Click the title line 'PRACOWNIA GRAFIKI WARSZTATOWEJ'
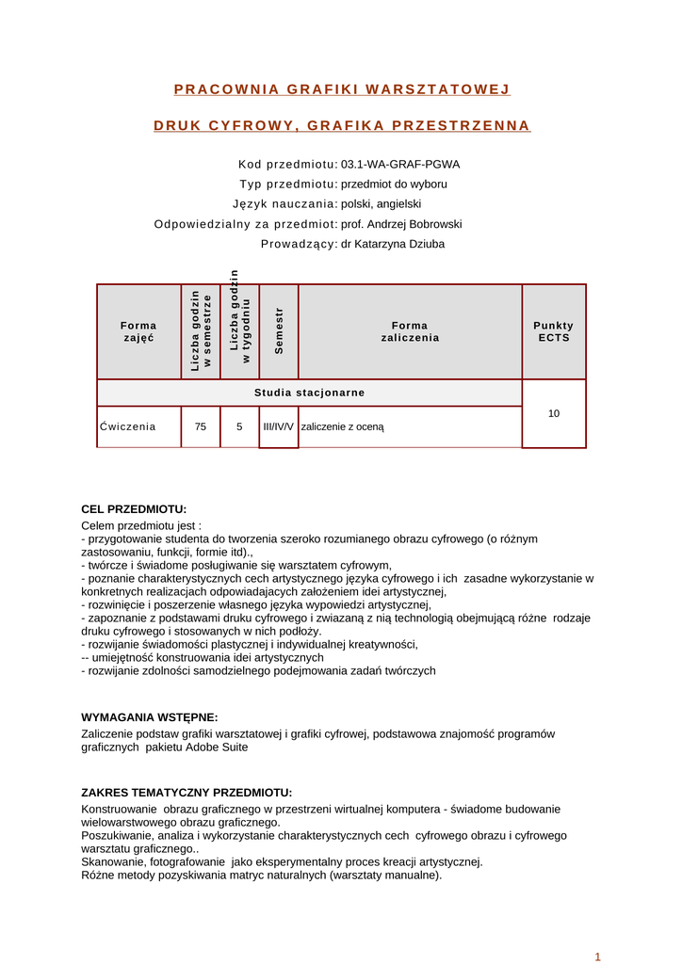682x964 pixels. click(x=342, y=89)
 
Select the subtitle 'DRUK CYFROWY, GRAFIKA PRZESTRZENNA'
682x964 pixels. click(x=342, y=125)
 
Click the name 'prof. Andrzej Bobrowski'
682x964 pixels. click(x=401, y=224)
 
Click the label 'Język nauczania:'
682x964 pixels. click(x=284, y=203)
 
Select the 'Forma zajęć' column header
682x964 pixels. click(x=138, y=331)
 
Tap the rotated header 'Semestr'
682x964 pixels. click(x=279, y=331)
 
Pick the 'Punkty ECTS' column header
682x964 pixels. click(x=554, y=331)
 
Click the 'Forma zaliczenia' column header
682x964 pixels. click(x=410, y=331)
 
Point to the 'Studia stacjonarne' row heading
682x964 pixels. click(x=309, y=393)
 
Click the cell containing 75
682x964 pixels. click(x=201, y=426)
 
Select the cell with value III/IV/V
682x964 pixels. click(x=279, y=426)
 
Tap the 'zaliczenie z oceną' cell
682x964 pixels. click(x=343, y=426)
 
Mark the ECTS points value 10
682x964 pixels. click(x=554, y=413)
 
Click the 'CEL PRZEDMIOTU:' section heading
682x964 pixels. click(x=134, y=509)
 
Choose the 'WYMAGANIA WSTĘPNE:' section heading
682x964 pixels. click(x=150, y=717)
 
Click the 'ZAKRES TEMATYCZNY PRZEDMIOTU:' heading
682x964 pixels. click(x=187, y=793)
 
